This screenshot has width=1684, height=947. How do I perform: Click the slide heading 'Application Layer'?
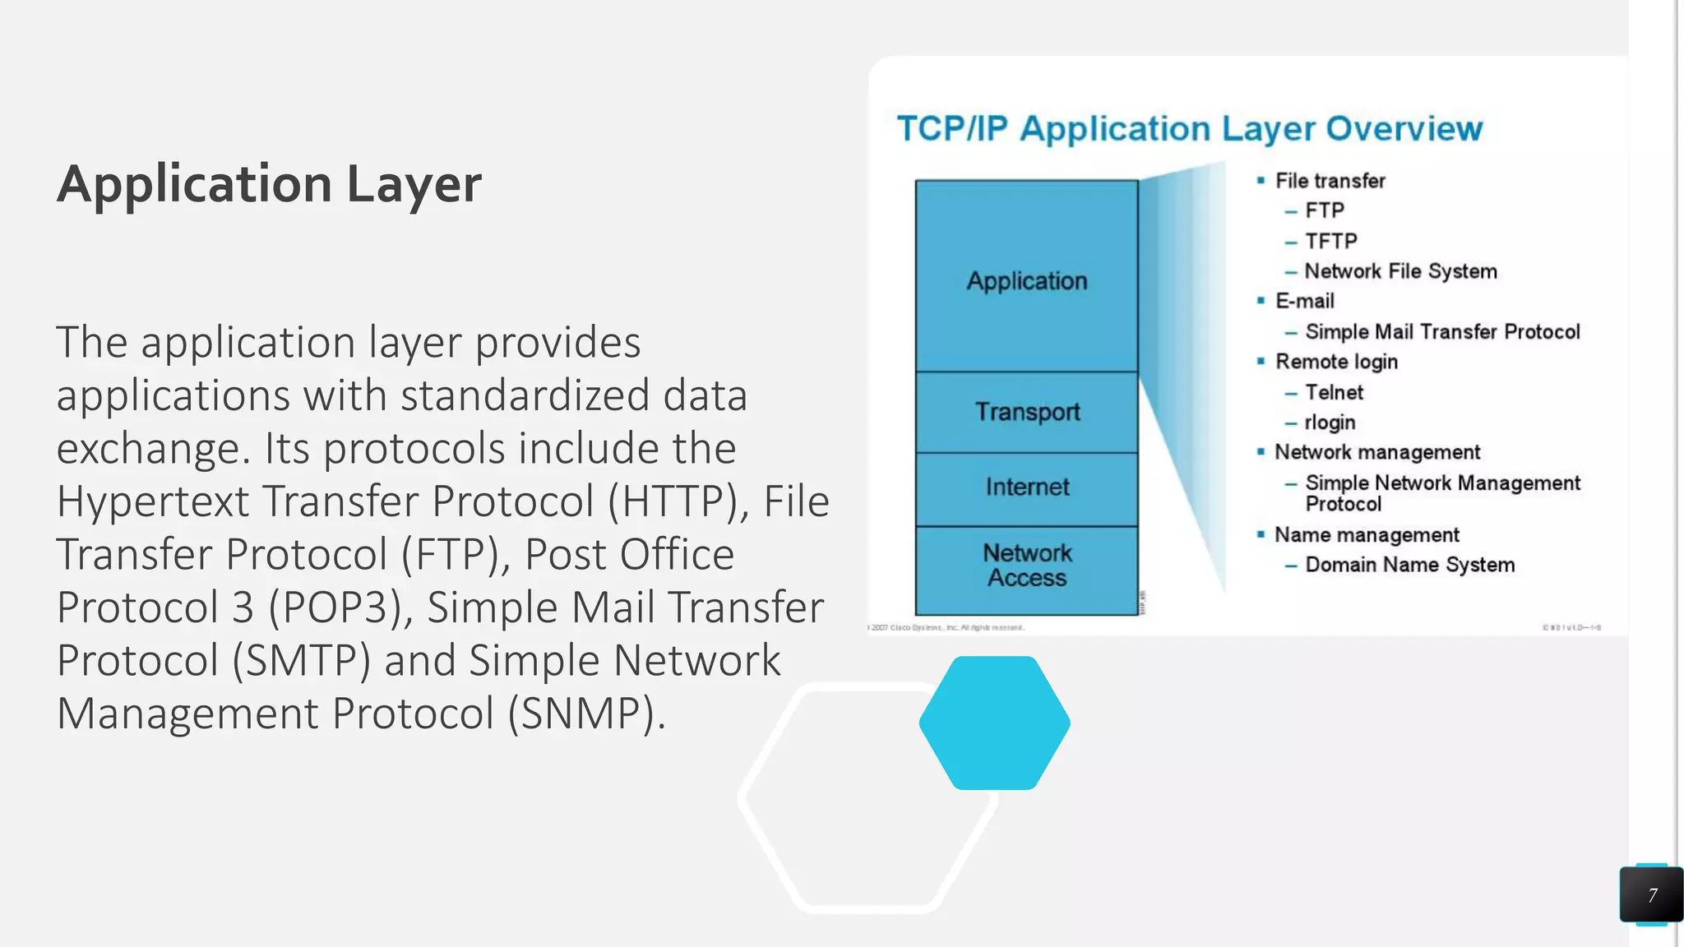(269, 184)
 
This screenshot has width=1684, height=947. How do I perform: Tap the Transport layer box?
(1027, 412)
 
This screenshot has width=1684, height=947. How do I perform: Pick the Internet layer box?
(1027, 487)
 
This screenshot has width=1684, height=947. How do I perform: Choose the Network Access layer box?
(1027, 566)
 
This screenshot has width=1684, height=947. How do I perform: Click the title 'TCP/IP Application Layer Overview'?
(1189, 129)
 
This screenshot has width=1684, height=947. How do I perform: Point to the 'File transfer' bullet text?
(1330, 181)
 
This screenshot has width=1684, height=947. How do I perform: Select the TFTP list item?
(1330, 242)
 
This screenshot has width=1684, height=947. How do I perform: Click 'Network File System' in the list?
(1400, 271)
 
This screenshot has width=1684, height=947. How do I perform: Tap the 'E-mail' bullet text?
(1304, 302)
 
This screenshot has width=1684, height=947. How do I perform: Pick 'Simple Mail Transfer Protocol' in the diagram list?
(1442, 332)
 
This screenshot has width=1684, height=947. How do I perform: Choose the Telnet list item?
(1334, 393)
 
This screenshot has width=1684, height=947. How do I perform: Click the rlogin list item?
(1330, 423)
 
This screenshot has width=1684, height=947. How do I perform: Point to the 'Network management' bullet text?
(1377, 453)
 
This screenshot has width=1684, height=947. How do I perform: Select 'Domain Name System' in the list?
(1409, 566)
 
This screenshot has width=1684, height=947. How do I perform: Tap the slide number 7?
(1652, 895)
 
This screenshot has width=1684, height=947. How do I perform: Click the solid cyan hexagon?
(994, 723)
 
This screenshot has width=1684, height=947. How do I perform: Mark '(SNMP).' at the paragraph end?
(586, 714)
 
